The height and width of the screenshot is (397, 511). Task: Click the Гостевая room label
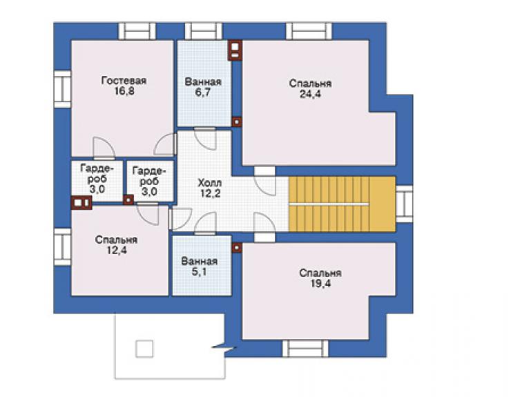124,81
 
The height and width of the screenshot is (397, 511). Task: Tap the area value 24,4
310,94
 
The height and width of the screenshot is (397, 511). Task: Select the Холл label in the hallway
210,183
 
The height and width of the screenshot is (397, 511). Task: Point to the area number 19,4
320,284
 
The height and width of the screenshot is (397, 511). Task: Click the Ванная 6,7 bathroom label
203,87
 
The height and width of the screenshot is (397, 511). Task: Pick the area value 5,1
199,272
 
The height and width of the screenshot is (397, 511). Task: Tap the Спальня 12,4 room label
116,245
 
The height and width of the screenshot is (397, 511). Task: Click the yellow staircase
343,204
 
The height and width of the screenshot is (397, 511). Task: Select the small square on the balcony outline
144,349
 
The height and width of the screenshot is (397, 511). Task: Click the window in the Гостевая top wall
137,31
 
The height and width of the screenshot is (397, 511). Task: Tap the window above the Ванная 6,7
203,31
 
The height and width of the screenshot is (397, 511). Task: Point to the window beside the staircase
404,204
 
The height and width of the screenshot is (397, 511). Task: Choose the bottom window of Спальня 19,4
306,349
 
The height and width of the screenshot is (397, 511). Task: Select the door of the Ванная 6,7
205,139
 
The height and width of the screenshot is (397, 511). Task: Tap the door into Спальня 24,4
264,182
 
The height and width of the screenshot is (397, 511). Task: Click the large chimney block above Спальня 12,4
81,202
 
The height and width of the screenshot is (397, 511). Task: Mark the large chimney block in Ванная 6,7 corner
235,50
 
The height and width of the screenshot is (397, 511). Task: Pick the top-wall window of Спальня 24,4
309,31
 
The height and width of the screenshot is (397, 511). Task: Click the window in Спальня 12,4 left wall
62,246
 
